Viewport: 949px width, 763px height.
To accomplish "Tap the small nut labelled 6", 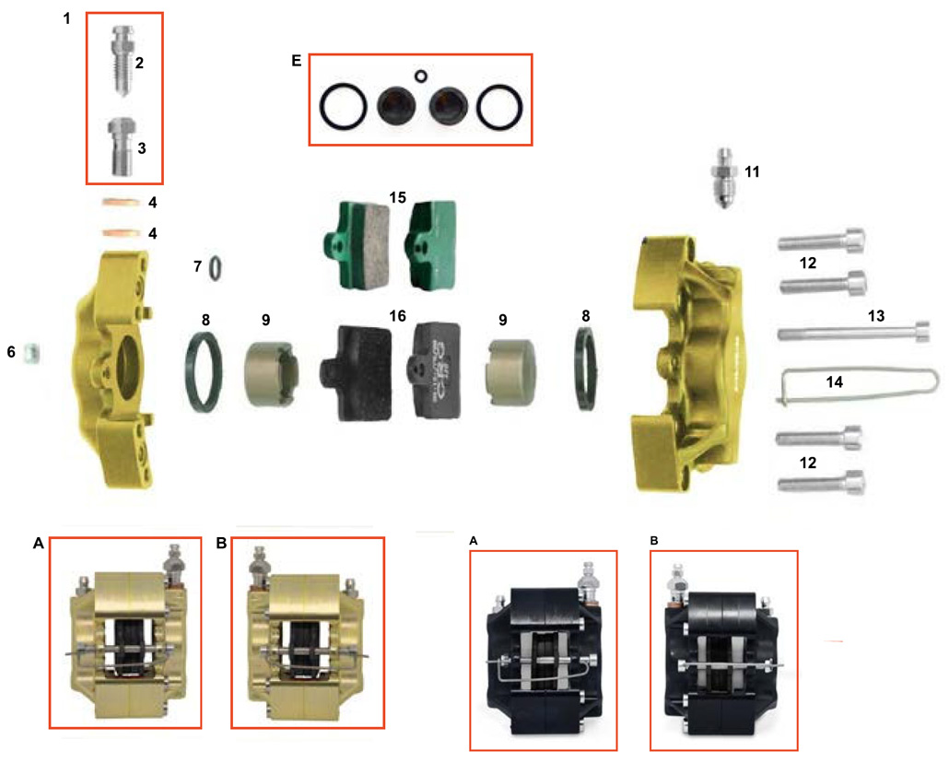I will point(30,350).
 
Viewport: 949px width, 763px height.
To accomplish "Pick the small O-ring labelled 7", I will point(214,267).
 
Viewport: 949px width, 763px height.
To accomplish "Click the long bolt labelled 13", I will point(852,331).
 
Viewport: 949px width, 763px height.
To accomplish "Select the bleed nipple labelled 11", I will point(729,175).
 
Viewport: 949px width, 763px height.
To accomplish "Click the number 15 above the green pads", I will point(397,198).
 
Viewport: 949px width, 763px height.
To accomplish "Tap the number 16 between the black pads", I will point(397,315).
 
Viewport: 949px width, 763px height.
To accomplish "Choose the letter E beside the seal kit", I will point(296,62).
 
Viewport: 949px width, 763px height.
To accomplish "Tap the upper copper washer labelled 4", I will point(121,203).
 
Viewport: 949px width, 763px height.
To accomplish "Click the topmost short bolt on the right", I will point(823,242).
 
